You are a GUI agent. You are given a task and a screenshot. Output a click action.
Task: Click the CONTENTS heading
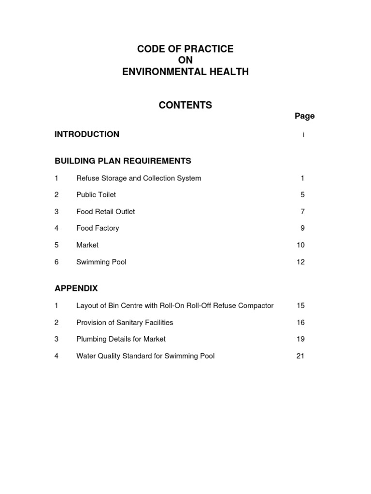click(185, 105)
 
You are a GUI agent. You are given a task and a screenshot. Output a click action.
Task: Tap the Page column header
click(304, 116)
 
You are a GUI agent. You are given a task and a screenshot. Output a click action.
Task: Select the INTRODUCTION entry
click(87, 134)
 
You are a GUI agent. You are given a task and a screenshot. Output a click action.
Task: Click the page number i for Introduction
click(303, 135)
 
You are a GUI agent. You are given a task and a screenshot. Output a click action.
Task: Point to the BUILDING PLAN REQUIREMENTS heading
click(123, 161)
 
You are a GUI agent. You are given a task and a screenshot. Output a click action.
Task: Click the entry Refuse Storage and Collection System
click(139, 178)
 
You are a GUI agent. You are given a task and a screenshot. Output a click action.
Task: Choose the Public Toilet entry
click(96, 195)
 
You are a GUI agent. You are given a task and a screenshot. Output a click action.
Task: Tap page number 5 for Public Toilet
click(302, 195)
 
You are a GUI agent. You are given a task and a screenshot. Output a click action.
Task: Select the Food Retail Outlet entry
click(105, 211)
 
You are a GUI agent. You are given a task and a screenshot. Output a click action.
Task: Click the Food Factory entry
click(98, 228)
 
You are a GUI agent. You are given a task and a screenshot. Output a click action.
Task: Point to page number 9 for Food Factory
click(302, 228)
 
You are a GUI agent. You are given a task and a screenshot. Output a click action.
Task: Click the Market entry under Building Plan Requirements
click(87, 245)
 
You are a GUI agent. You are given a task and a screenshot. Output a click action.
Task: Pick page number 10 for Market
click(300, 245)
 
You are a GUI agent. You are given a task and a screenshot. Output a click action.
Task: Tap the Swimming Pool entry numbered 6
click(101, 262)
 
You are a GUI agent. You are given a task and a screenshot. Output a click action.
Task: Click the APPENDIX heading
click(76, 288)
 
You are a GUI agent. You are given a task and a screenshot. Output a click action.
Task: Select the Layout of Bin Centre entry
click(175, 305)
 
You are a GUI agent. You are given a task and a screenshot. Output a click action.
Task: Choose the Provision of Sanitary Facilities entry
click(125, 322)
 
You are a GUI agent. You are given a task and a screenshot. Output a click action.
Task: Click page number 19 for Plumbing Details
click(300, 339)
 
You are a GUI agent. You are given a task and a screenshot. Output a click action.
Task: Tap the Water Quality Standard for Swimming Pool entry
click(145, 356)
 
